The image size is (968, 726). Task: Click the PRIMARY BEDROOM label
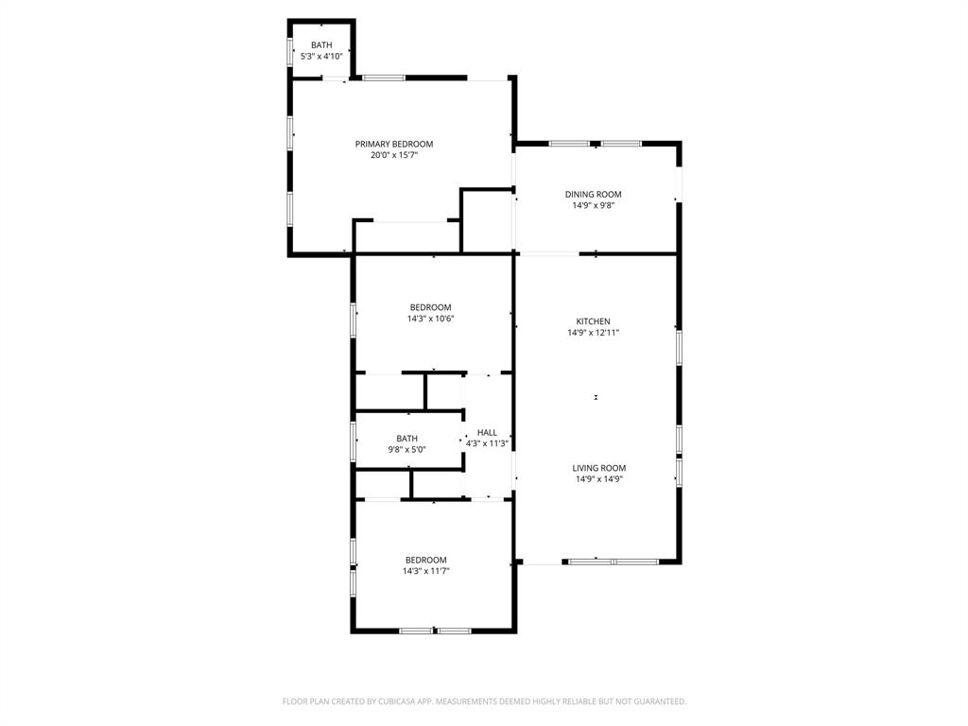(x=394, y=144)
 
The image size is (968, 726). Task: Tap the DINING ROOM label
(x=594, y=194)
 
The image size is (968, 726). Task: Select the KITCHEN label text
(x=594, y=321)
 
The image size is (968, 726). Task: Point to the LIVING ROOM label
(x=598, y=468)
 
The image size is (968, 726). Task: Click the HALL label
(x=487, y=432)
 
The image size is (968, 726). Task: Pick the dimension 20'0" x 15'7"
(x=394, y=155)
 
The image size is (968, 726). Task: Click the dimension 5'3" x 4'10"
(x=321, y=57)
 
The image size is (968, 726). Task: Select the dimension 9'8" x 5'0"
(x=406, y=450)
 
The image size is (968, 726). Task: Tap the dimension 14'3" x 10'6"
(x=430, y=319)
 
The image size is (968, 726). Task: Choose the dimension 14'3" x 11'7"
(x=425, y=571)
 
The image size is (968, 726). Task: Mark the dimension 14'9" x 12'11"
(x=594, y=333)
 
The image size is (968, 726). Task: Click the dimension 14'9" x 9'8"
(x=594, y=205)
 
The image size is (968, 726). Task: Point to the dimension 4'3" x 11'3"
(x=487, y=443)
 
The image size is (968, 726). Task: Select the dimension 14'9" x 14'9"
(x=598, y=479)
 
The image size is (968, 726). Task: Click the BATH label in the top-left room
(x=321, y=45)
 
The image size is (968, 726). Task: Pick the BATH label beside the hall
(x=406, y=439)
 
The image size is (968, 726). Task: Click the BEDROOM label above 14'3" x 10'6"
(x=430, y=307)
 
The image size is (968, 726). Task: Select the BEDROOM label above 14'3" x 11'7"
(x=425, y=560)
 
